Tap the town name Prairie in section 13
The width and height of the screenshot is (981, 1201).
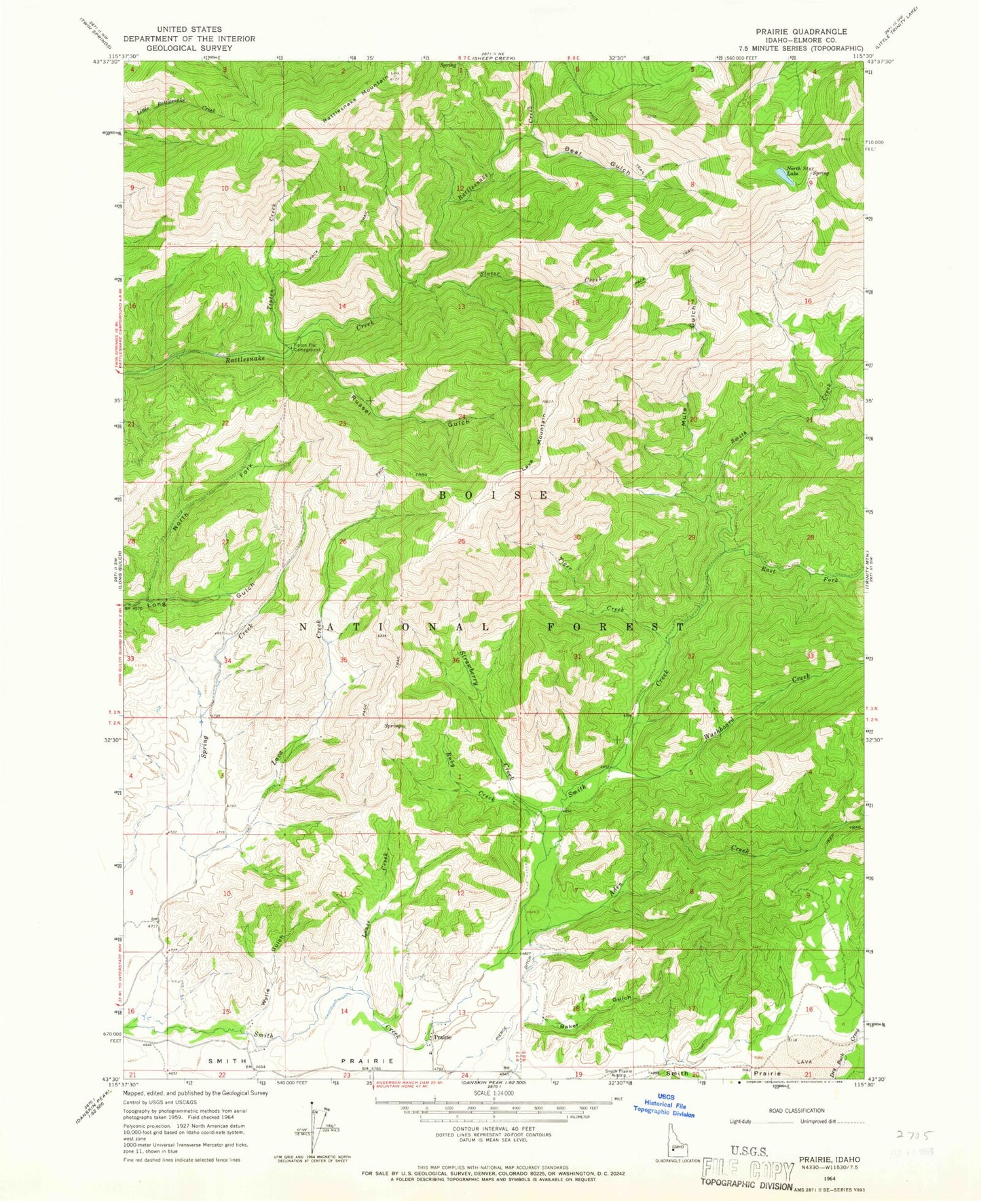pyautogui.click(x=443, y=1037)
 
